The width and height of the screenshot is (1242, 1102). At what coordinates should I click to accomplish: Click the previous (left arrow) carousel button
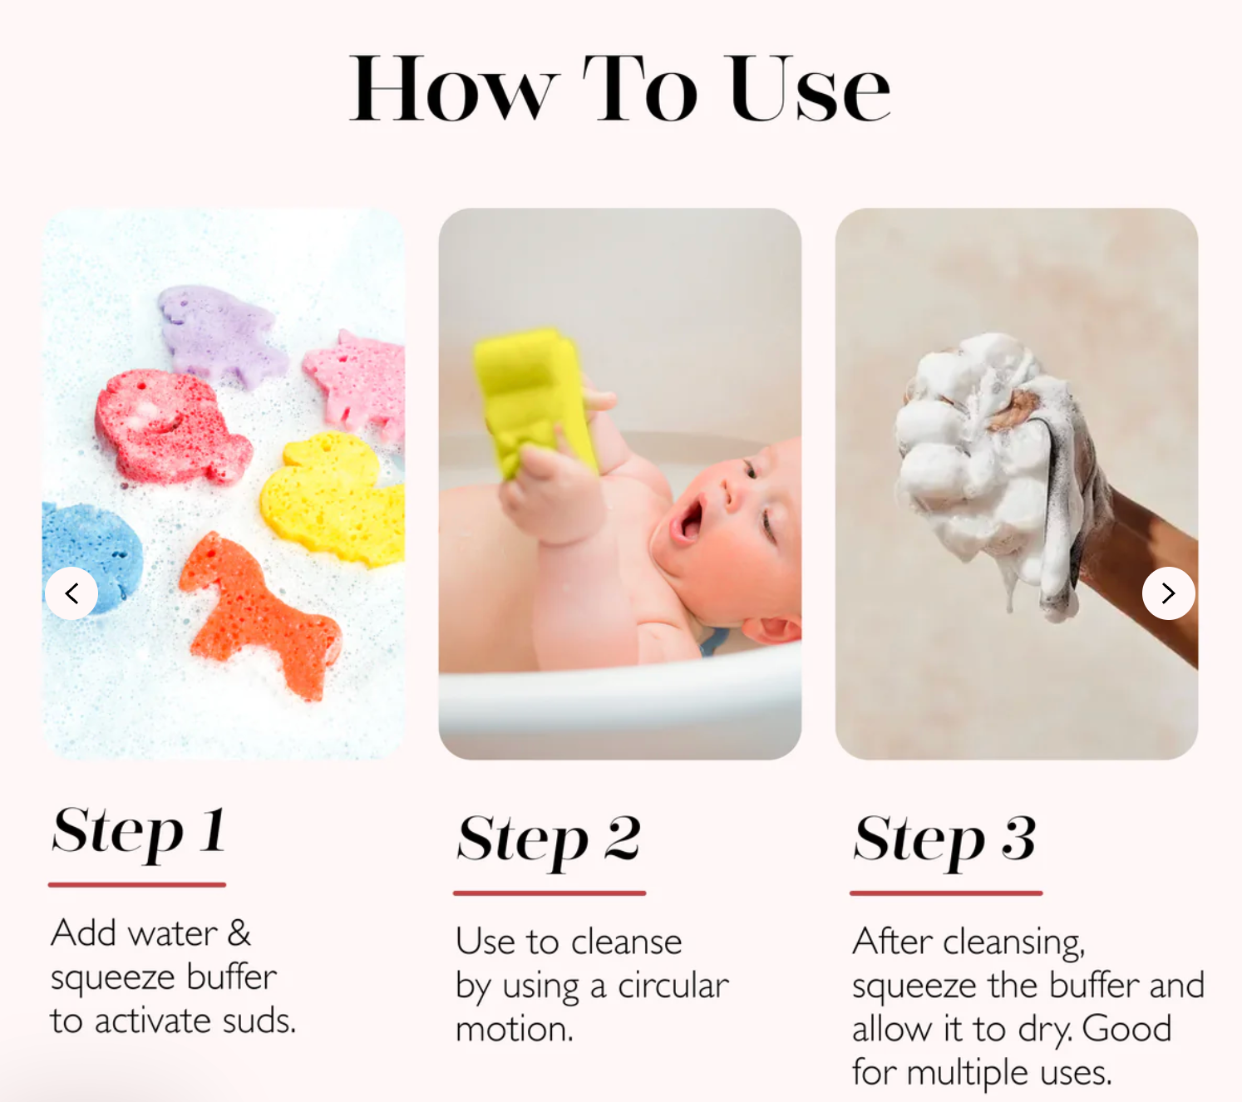71,593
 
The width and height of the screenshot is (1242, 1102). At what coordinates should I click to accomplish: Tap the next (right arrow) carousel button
1169,593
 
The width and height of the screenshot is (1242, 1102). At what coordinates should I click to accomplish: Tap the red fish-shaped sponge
171,426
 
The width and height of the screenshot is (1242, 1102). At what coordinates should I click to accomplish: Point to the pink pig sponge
357,383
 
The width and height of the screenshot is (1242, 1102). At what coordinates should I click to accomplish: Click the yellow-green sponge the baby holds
535,401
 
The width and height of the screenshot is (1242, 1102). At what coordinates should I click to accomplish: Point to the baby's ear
771,628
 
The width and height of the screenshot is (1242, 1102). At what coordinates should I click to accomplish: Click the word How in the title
454,89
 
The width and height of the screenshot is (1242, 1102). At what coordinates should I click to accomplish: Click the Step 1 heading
139,832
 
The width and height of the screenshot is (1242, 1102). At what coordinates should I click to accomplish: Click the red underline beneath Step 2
550,893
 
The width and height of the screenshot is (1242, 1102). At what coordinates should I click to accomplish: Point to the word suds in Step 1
259,1021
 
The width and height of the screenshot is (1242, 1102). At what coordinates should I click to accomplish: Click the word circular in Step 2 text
673,986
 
